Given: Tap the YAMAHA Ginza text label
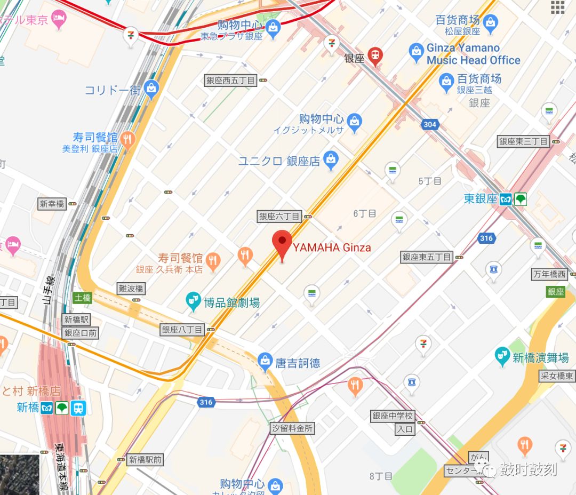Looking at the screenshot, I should [331, 248].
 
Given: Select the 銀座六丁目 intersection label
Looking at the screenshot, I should [279, 216].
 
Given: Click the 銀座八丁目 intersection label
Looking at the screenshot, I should [182, 330].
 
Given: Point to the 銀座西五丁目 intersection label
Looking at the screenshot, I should [231, 81].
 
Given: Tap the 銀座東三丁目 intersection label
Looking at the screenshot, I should [523, 141].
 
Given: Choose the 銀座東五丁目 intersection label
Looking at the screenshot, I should [427, 257].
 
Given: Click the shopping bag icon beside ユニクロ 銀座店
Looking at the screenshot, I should [331, 160].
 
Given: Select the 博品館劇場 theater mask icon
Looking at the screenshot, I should [193, 302].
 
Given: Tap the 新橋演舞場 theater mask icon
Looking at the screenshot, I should [502, 356].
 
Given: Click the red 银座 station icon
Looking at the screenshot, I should [376, 57].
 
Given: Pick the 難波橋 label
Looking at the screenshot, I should [131, 289].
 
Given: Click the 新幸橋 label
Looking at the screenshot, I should [52, 204].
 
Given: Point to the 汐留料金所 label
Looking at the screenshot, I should [292, 428].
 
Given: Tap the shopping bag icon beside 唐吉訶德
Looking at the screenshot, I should [265, 362].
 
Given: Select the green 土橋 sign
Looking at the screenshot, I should [83, 298].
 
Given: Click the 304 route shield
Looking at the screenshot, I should [430, 125].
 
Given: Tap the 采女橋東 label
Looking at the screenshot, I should [557, 376].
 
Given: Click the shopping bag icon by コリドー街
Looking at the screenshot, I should [152, 89].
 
